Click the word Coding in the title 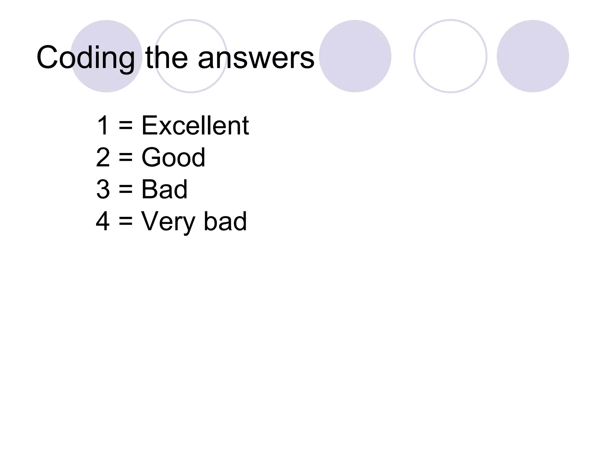[x=85, y=58]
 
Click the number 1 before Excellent [x=103, y=125]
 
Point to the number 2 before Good [x=103, y=158]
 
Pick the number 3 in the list [x=103, y=189]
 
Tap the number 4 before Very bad [x=103, y=221]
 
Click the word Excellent [x=195, y=125]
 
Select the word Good [x=173, y=158]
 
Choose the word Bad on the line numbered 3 [x=164, y=189]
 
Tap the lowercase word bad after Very [x=225, y=221]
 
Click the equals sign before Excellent [x=126, y=126]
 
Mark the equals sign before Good [x=126, y=158]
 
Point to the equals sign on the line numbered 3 [x=126, y=190]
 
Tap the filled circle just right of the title [x=355, y=56]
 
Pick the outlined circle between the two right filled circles [x=450, y=56]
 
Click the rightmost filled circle [x=533, y=56]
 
